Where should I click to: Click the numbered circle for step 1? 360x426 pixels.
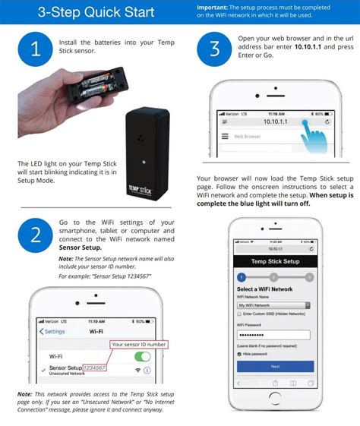pyautogui.click(x=35, y=49)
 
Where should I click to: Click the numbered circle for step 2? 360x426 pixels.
pyautogui.click(x=35, y=235)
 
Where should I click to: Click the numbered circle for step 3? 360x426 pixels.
pyautogui.click(x=213, y=49)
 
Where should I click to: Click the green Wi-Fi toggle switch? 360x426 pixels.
pyautogui.click(x=142, y=356)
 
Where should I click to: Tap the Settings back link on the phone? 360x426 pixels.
pyautogui.click(x=53, y=332)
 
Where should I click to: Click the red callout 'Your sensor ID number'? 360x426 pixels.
pyautogui.click(x=138, y=344)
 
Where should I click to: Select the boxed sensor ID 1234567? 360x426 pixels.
pyautogui.click(x=94, y=368)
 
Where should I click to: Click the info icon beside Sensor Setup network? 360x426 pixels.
pyautogui.click(x=147, y=370)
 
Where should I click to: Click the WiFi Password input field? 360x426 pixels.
pyautogui.click(x=273, y=335)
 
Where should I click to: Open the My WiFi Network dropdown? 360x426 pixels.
pyautogui.click(x=273, y=305)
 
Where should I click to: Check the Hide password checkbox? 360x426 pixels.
pyautogui.click(x=240, y=354)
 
